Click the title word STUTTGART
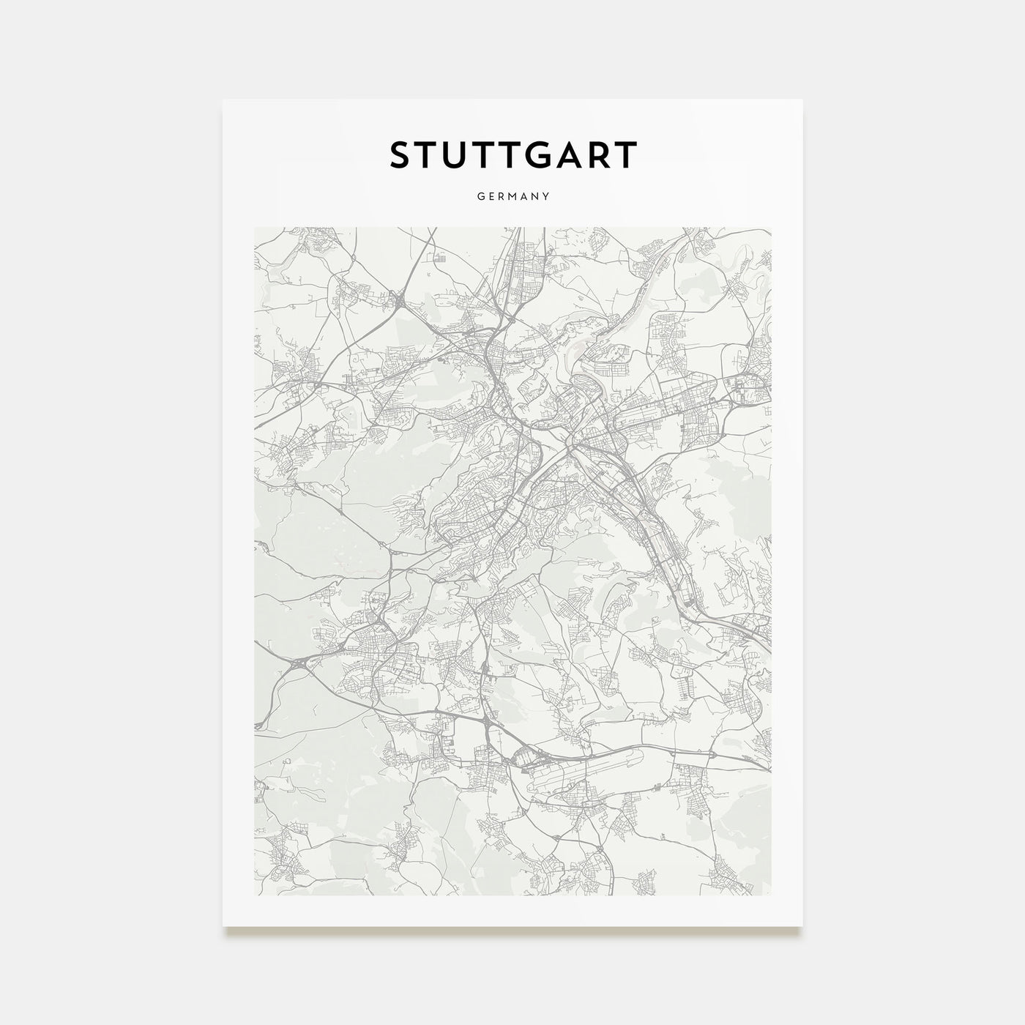512,155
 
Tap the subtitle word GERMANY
512,196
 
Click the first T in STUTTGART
428,155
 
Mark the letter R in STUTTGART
600,155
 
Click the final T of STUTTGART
627,155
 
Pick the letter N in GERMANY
536,196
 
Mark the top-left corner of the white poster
223,100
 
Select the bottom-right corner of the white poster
802,926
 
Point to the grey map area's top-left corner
254,227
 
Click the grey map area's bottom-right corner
771,895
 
